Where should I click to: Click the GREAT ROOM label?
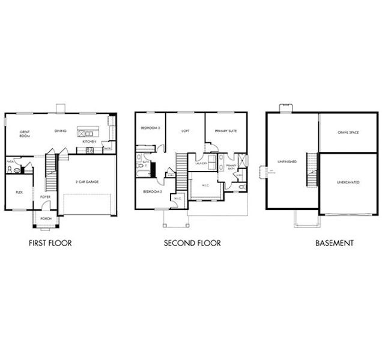pos(25,133)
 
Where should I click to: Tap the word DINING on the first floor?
pos(61,131)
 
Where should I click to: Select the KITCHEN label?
pos(89,141)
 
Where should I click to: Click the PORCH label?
pos(46,219)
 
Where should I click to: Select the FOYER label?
pos(46,196)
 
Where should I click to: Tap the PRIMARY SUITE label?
pos(225,130)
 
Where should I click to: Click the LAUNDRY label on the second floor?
pos(201,163)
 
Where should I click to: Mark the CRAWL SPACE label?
pos(348,132)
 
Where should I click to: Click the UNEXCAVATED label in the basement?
pos(348,181)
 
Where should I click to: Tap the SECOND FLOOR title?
pos(192,243)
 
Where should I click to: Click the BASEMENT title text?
pos(335,244)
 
